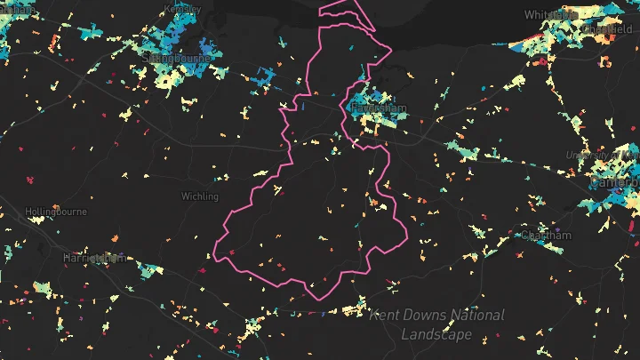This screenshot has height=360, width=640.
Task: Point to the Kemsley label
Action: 182,9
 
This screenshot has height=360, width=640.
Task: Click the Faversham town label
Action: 379,108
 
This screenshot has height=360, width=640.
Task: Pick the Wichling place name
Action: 200,196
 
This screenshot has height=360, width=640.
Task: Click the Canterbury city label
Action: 614,182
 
